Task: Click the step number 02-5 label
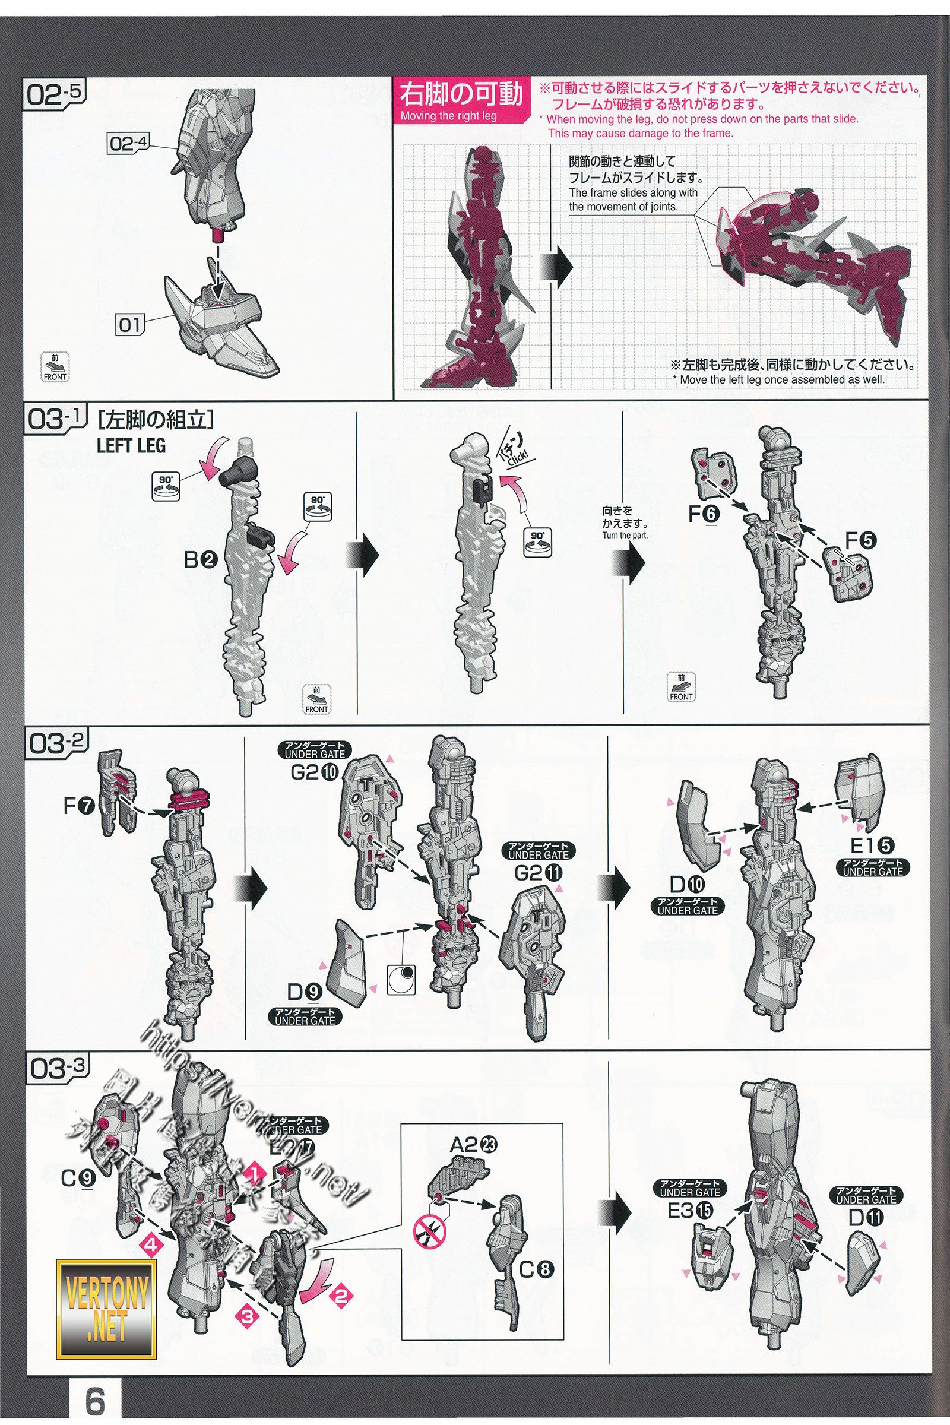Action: coord(54,95)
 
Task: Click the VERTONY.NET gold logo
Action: coord(106,1309)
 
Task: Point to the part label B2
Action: coord(200,560)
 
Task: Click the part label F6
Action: coord(704,514)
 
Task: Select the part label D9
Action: coord(305,992)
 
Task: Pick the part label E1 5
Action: coord(872,845)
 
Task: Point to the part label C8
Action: coord(537,1268)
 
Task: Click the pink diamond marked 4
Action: coord(151,1246)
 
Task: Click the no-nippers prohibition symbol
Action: coord(429,1233)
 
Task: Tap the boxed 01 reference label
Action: coord(129,325)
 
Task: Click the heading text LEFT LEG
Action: coord(131,446)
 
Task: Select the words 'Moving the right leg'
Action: coord(448,116)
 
